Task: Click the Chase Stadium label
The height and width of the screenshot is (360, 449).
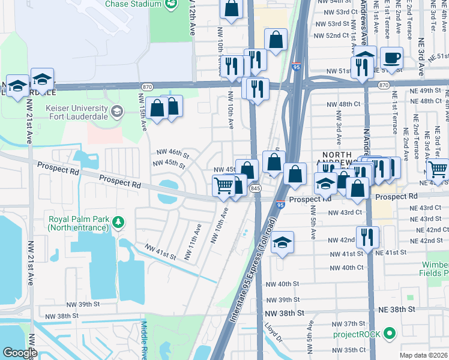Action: [x=133, y=4]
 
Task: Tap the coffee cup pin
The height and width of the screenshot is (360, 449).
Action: [x=391, y=59]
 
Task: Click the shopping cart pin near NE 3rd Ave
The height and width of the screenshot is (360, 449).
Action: [x=438, y=170]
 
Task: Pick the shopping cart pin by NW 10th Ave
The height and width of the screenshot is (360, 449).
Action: [x=223, y=187]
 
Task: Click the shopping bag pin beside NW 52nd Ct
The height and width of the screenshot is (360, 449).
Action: [x=276, y=40]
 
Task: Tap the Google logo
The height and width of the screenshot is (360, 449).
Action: [x=19, y=352]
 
